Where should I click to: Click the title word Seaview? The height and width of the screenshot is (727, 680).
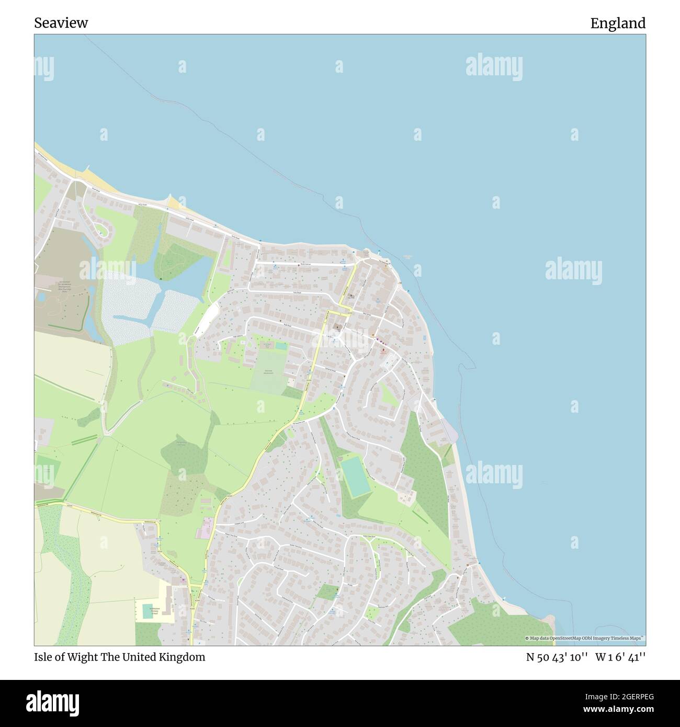(61, 23)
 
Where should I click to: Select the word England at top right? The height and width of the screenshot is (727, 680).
(618, 23)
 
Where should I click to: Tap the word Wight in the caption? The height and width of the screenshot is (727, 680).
(84, 657)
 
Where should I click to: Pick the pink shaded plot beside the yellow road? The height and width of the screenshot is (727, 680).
(203, 528)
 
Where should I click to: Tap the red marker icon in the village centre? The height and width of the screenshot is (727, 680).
(383, 350)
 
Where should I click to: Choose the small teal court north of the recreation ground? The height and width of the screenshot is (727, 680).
(281, 346)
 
